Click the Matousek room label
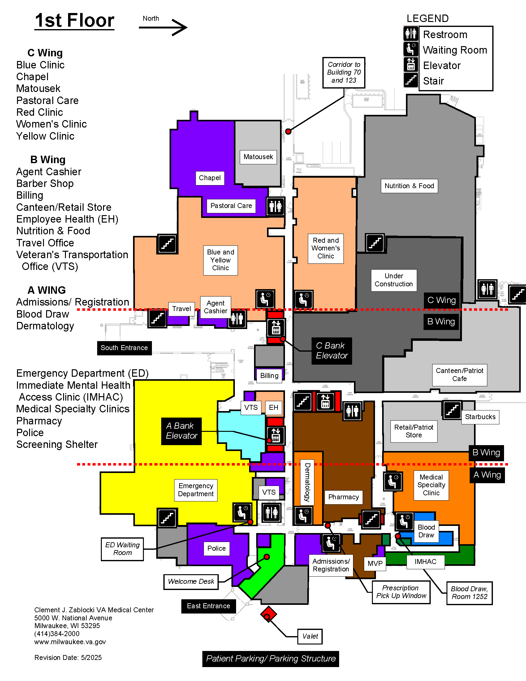click(x=258, y=157)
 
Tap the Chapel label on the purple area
click(x=210, y=178)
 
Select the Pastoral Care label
click(x=231, y=206)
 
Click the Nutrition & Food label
click(x=409, y=186)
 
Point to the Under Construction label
click(x=394, y=280)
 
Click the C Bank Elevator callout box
click(x=332, y=351)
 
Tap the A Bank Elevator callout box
click(x=181, y=431)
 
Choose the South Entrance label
click(x=124, y=348)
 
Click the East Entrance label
click(x=209, y=606)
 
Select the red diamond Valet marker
click(x=268, y=614)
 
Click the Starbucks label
click(x=480, y=417)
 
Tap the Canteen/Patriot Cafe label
click(x=459, y=375)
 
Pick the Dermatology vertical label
click(x=307, y=482)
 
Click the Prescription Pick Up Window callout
click(x=401, y=592)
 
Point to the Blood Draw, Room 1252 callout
click(x=469, y=593)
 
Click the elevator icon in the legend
click(x=411, y=65)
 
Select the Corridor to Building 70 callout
click(x=344, y=72)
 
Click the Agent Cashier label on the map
click(x=215, y=307)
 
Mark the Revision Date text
click(x=68, y=657)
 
